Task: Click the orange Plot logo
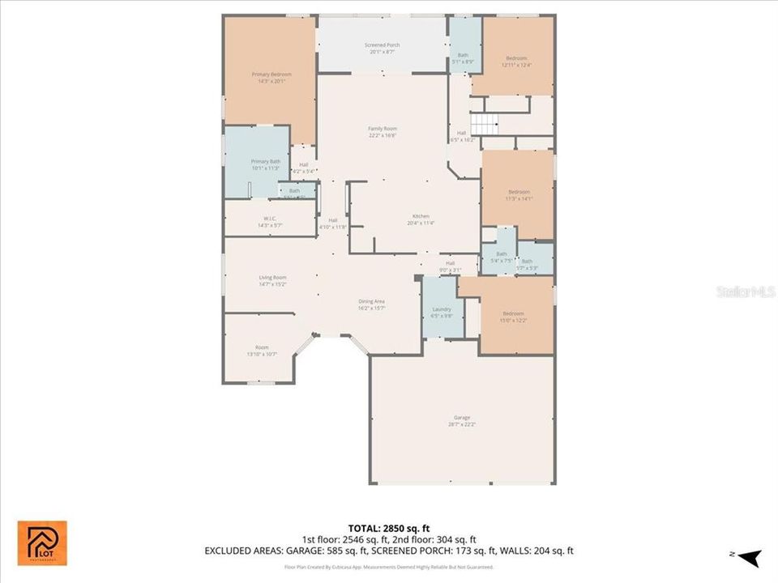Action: tap(43, 543)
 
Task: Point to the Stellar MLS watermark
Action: tap(746, 290)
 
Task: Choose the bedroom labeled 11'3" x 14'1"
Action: tap(519, 194)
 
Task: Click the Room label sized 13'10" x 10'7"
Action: tap(262, 351)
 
